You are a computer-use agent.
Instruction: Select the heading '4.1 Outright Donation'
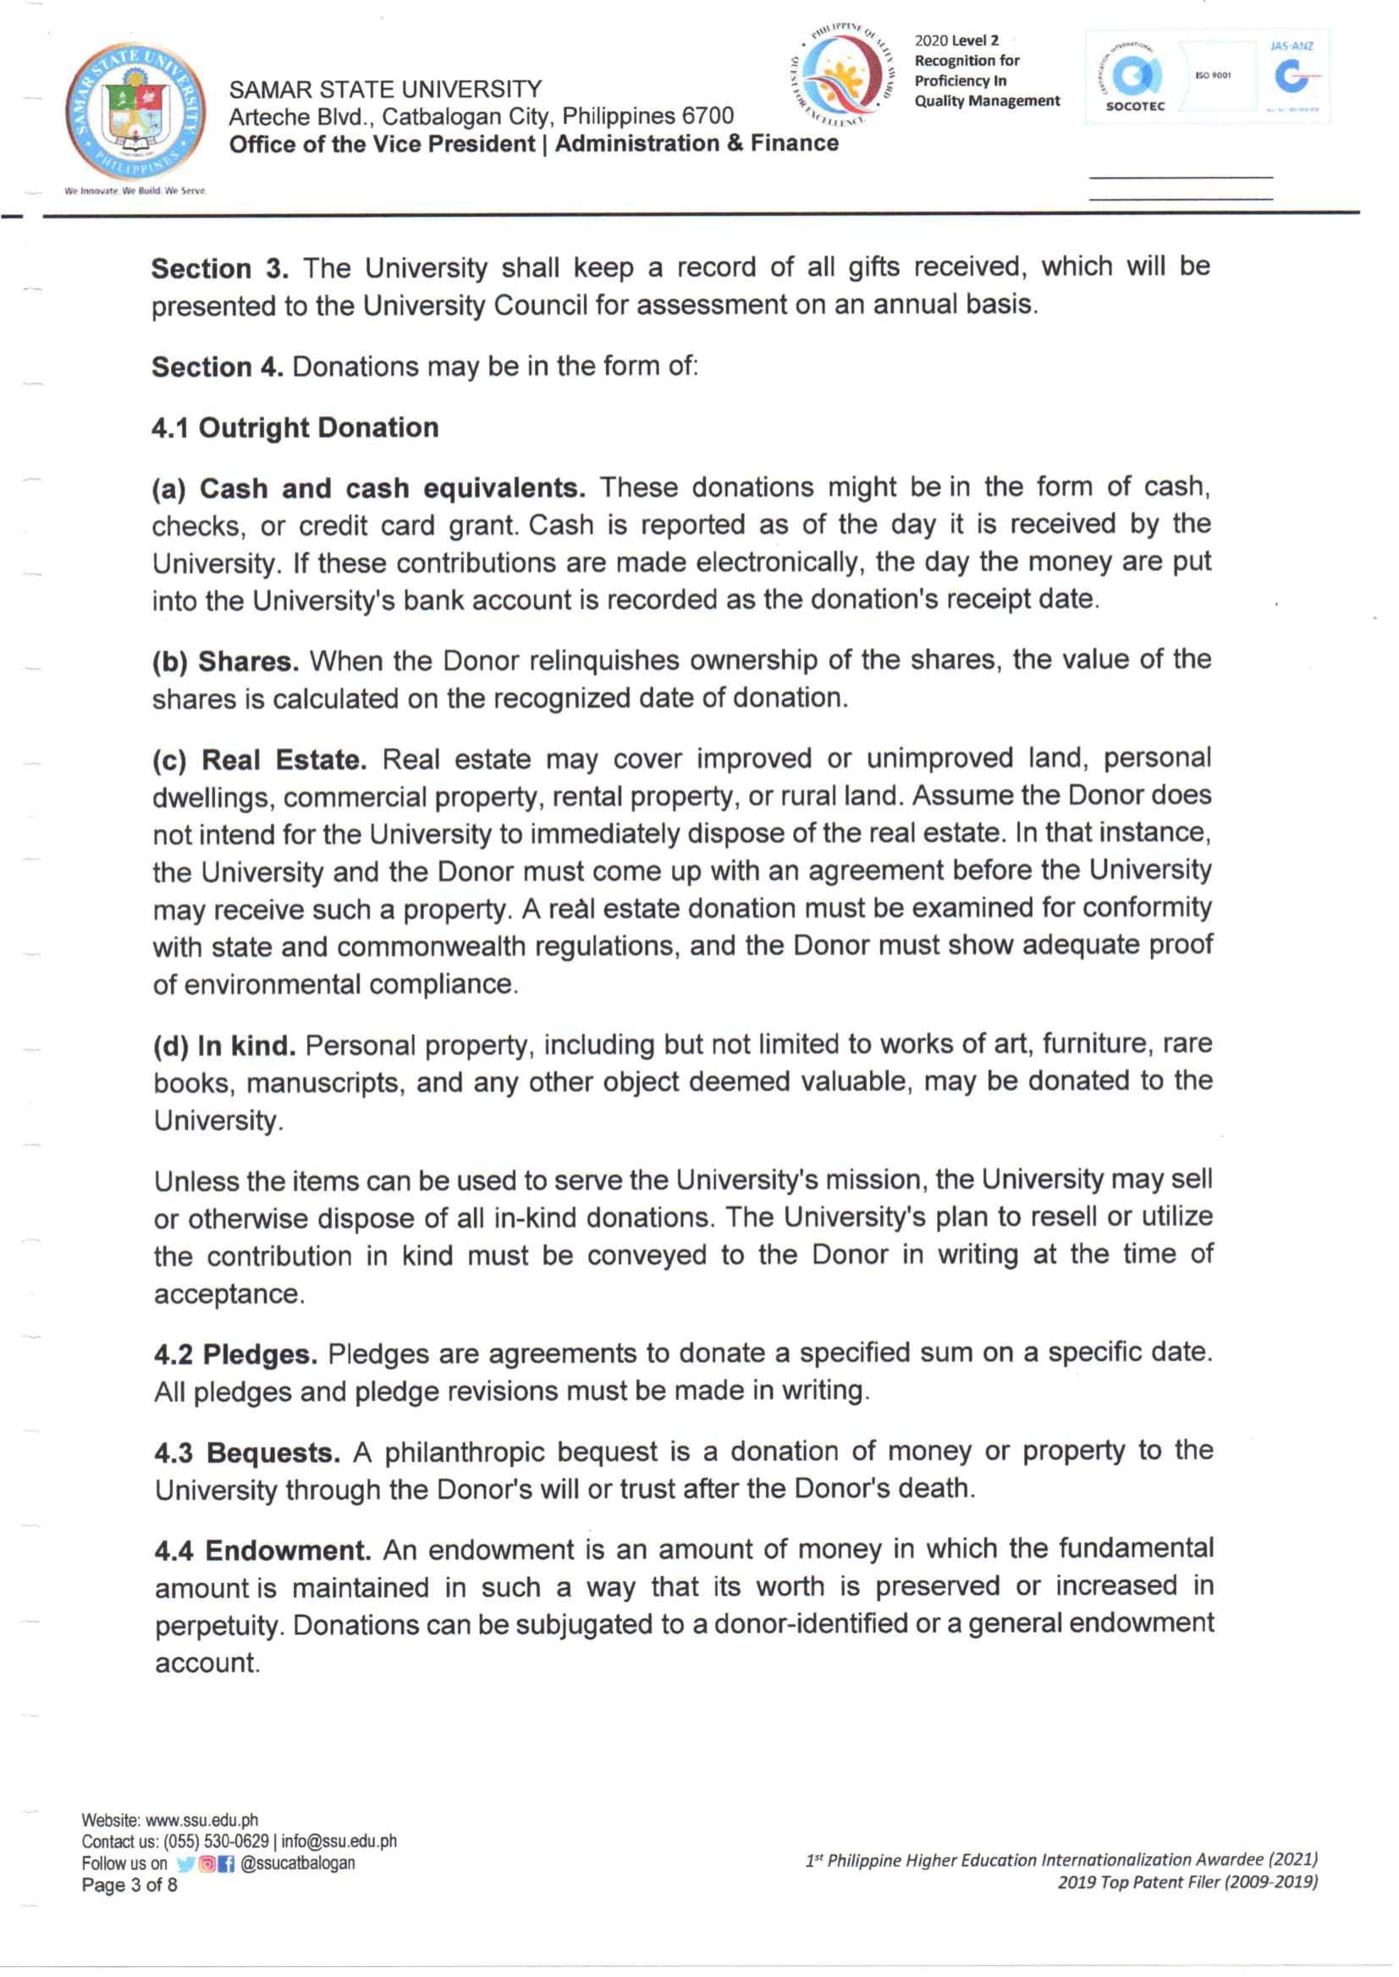295,428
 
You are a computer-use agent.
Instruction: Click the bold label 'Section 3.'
220,270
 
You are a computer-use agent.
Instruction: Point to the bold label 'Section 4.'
217,368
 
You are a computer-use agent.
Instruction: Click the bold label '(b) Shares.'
226,662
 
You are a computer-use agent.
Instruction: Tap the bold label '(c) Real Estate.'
259,761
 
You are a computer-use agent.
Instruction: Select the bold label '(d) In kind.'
224,1046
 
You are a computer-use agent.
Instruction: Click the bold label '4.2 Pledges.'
235,1354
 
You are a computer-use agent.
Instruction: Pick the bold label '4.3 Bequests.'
247,1453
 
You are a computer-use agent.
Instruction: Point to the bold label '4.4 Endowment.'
262,1551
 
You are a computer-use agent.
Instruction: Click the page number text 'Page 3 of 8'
129,1886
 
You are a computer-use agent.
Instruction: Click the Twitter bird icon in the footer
185,1864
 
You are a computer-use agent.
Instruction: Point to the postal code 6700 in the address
708,116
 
